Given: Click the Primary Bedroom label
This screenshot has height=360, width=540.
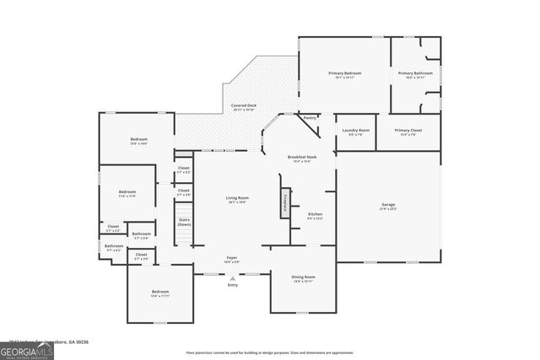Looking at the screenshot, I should (x=345, y=73).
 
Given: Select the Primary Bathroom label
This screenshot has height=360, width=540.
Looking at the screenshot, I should (x=416, y=73).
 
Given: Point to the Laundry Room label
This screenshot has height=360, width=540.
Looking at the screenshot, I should (x=355, y=130).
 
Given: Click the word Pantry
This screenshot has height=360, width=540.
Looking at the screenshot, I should (x=310, y=118).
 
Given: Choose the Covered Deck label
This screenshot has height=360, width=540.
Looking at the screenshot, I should (x=244, y=105).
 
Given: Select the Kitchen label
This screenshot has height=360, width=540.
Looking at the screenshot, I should (x=315, y=214).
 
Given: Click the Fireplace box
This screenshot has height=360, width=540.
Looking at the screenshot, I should (x=286, y=202).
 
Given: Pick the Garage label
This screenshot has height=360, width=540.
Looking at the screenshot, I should (x=388, y=205).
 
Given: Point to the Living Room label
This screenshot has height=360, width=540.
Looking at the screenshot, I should (x=236, y=198).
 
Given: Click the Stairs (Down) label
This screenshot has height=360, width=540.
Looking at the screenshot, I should (x=184, y=223).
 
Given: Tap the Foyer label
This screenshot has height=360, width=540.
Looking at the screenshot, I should (x=231, y=258).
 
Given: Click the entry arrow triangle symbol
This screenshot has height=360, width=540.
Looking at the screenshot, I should (x=232, y=277).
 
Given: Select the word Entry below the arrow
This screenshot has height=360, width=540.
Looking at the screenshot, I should (x=232, y=285).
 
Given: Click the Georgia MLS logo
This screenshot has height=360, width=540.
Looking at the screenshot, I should (x=27, y=348).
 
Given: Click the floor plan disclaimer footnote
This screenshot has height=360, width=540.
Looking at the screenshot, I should (x=269, y=352).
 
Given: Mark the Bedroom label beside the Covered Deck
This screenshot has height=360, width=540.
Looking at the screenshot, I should (x=138, y=139).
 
